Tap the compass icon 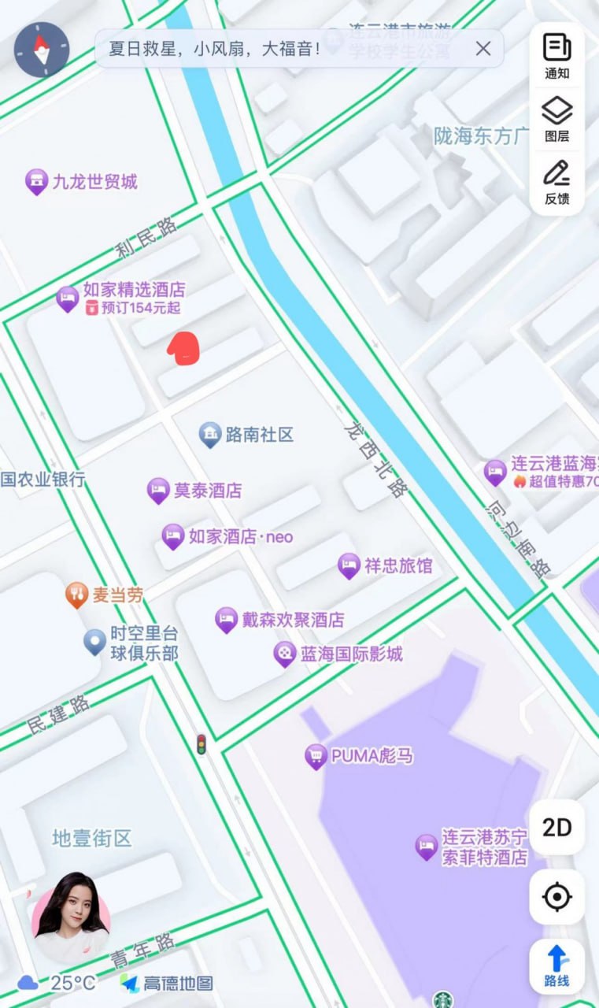click(x=42, y=50)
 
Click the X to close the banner click(x=483, y=49)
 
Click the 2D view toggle click(x=556, y=828)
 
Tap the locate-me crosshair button click(x=556, y=896)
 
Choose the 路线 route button click(x=556, y=966)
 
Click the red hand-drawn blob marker click(x=183, y=348)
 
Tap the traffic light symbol click(x=202, y=745)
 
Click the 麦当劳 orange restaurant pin click(x=76, y=595)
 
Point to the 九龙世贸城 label click(x=94, y=182)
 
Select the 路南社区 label click(x=259, y=434)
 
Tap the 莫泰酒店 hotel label click(x=208, y=491)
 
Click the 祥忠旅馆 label click(x=397, y=565)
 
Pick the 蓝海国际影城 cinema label click(x=351, y=654)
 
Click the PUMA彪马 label click(x=372, y=756)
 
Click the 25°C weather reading click(x=72, y=983)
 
